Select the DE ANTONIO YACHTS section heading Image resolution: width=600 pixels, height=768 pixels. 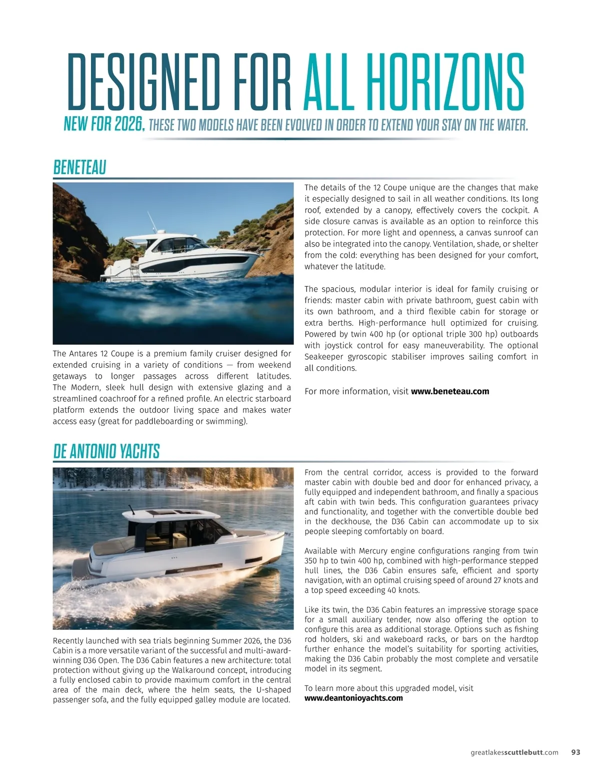(106, 451)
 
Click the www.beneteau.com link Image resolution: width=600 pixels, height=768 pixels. (449, 391)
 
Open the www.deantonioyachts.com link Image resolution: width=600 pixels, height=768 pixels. (353, 698)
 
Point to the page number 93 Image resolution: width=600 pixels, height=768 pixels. (575, 752)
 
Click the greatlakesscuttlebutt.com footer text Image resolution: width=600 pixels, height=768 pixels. (514, 752)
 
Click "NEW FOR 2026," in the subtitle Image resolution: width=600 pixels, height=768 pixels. (104, 124)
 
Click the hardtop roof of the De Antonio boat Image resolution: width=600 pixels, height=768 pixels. (175, 514)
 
